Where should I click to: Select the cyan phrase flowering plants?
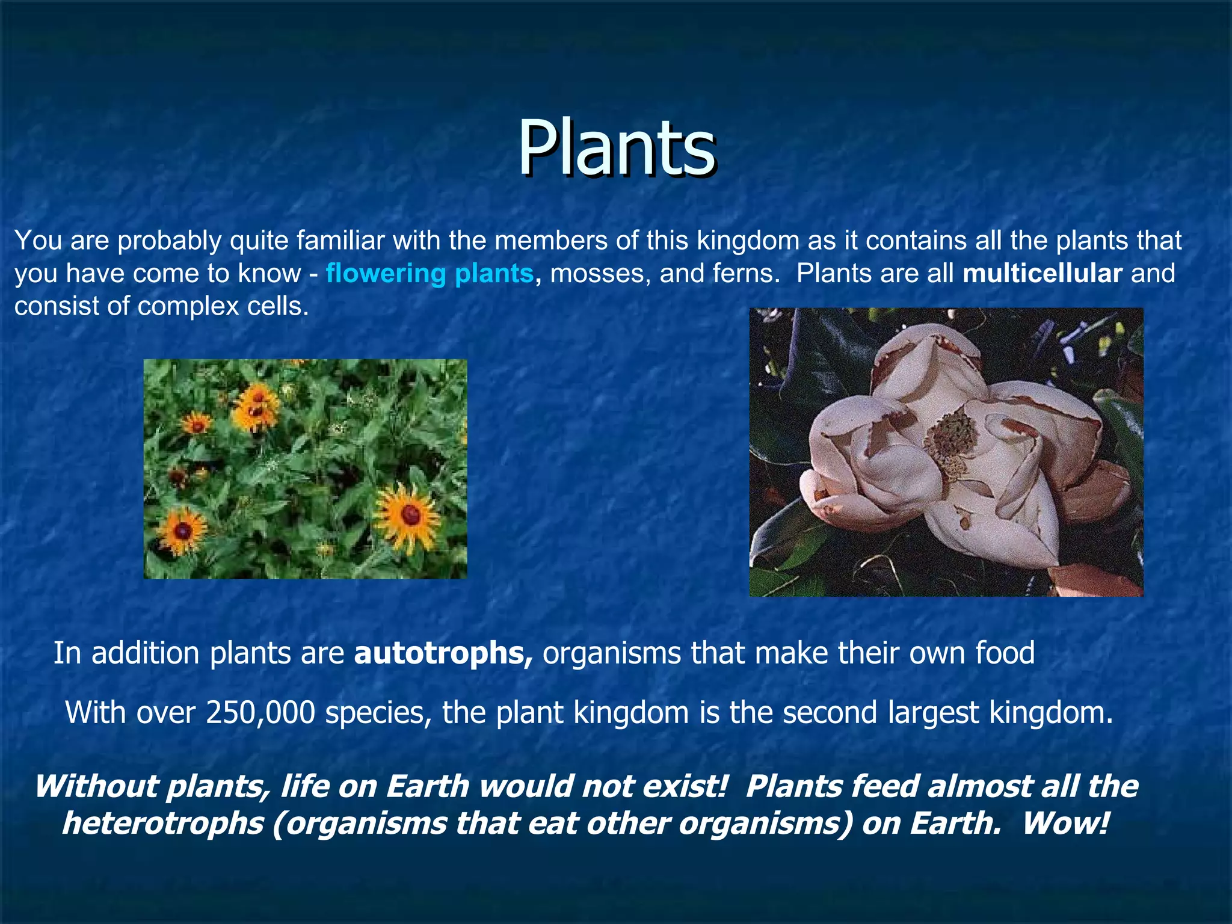tap(430, 274)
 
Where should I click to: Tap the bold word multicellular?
tap(1042, 274)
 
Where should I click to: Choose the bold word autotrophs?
tap(443, 653)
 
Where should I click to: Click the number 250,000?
tap(260, 713)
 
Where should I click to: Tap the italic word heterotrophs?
tap(163, 824)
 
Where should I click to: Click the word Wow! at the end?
tap(1065, 824)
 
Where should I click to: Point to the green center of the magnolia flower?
tap(951, 442)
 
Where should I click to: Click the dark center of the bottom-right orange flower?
tap(411, 515)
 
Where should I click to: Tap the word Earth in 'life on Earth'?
tap(427, 787)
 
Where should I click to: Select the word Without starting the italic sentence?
tap(93, 787)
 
